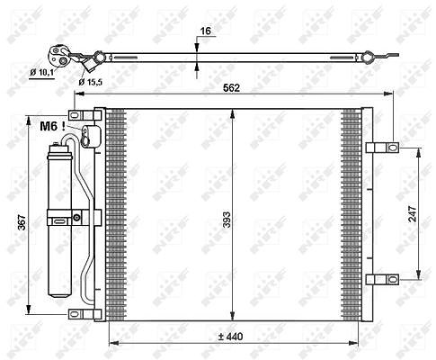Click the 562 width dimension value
tap(232, 88)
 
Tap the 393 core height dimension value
tap(227, 220)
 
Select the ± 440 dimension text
tap(230, 337)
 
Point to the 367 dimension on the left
tap(22, 222)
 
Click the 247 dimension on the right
tap(413, 213)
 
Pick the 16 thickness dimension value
tap(206, 31)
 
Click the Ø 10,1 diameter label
tap(42, 72)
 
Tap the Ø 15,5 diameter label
tap(91, 82)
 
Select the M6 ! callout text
tap(52, 126)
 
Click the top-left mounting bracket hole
tap(75, 115)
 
